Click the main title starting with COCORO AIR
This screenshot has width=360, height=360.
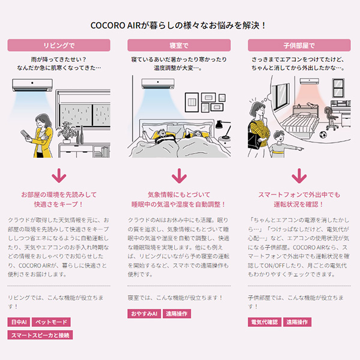(179, 26)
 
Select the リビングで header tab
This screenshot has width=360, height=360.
(59, 45)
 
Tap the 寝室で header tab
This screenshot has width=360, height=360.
(179, 45)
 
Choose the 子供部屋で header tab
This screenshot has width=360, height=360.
(299, 45)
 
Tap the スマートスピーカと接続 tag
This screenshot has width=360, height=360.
(40, 335)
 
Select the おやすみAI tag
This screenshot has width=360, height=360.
(143, 314)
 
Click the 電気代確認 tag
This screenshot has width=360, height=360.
(264, 322)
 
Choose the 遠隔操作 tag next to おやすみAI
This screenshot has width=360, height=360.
(176, 314)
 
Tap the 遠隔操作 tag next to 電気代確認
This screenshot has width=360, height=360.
(298, 322)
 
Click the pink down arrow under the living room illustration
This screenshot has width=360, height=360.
(59, 176)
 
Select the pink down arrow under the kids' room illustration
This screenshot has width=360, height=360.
(299, 176)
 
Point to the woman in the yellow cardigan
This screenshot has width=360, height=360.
(42, 135)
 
